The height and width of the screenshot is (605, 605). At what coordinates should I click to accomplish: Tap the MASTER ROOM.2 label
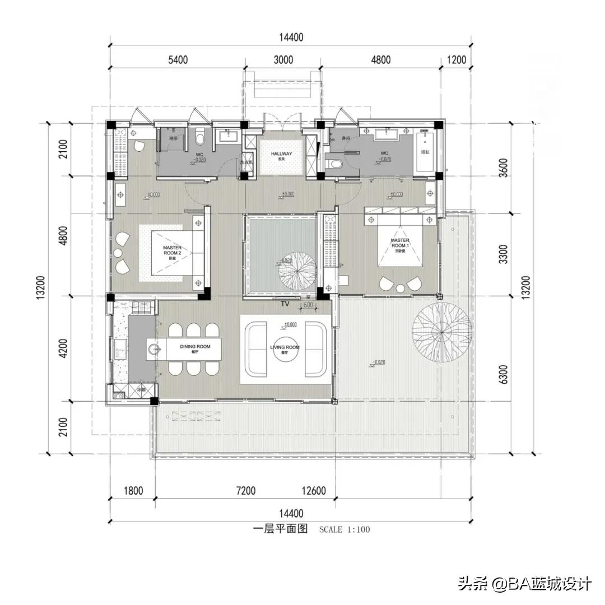click(x=172, y=250)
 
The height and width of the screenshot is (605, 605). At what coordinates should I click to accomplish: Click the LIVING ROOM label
click(x=285, y=347)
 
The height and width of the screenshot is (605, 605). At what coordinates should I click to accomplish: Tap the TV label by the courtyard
click(x=285, y=304)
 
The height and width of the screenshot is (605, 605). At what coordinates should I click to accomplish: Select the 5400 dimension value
click(x=178, y=60)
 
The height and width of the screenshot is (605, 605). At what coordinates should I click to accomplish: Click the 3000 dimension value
click(x=282, y=60)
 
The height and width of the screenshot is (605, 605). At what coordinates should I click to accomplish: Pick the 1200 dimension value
click(x=457, y=60)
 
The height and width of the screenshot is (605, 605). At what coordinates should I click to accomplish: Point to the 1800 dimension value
click(x=133, y=491)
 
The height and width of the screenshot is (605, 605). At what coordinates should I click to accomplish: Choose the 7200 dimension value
click(x=245, y=491)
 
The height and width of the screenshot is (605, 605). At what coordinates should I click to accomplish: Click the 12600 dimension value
click(x=313, y=491)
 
